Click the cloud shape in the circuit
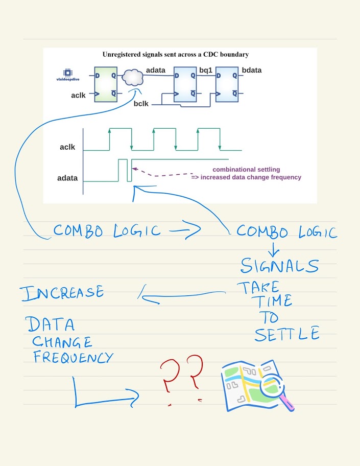pos(132,77)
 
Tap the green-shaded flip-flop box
pos(106,83)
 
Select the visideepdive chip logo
pos(67,75)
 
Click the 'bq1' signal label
pos(206,69)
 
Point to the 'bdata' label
pos(252,69)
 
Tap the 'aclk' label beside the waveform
pos(67,147)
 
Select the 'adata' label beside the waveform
pos(67,178)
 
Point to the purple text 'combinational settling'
pos(246,169)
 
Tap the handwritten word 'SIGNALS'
pos(280,266)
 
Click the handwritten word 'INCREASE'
pos(62,292)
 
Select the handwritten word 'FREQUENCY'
pos(73,357)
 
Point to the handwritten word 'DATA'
pos(50,324)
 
